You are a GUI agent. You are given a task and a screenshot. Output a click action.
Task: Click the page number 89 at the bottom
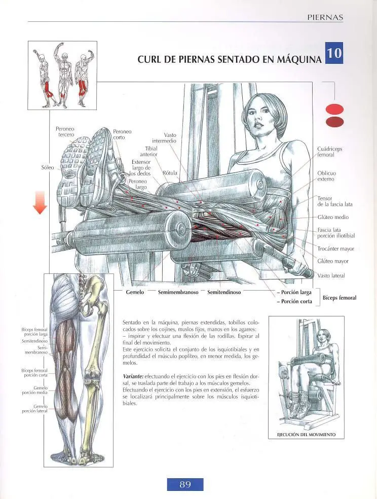(x=185, y=484)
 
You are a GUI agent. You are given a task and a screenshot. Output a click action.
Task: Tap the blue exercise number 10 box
(x=334, y=53)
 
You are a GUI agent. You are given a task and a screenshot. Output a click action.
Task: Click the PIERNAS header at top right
(x=325, y=18)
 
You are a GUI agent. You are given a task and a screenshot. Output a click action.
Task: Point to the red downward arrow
(x=40, y=202)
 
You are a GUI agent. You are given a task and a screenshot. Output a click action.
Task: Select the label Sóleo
(x=48, y=167)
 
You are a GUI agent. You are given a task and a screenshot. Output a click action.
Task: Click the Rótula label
(x=170, y=173)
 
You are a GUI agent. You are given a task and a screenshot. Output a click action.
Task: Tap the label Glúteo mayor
(x=333, y=261)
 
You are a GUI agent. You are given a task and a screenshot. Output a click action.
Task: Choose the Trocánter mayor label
(x=335, y=249)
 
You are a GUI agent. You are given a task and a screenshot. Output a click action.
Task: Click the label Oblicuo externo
(x=326, y=176)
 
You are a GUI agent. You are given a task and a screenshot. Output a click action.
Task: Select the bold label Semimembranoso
(x=178, y=292)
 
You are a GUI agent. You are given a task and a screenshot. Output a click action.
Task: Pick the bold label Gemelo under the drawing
(x=135, y=292)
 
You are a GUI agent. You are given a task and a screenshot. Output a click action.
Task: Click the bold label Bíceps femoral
(x=340, y=298)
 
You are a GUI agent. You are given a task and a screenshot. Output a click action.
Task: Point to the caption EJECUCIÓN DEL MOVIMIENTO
(x=307, y=435)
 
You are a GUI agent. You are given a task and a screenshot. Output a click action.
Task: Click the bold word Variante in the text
(x=133, y=376)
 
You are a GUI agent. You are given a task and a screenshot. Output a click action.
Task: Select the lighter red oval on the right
(x=334, y=109)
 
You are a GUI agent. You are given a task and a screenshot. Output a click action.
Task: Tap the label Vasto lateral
(x=331, y=276)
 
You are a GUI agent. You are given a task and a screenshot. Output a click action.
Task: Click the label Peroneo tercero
(x=65, y=132)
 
